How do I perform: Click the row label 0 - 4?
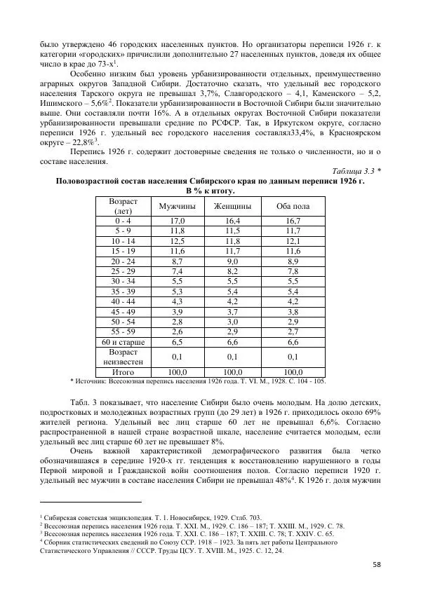coord(123,220)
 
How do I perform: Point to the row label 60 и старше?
coord(123,342)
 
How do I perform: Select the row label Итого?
coord(123,371)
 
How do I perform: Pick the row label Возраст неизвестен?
coord(123,357)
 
